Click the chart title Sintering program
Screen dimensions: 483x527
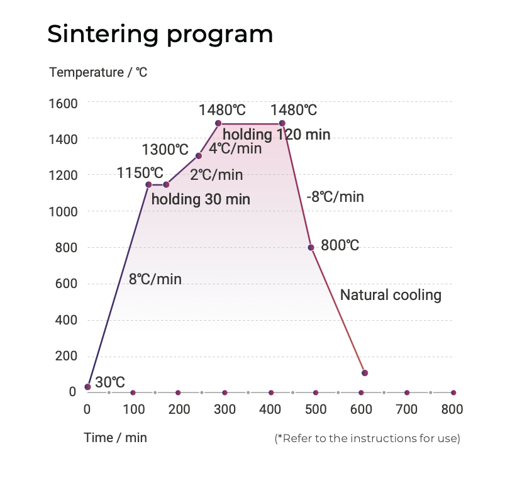pos(160,34)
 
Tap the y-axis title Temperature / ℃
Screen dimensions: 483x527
pos(98,72)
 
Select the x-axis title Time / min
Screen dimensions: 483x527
pos(115,438)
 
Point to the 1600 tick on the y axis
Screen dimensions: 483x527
pos(63,103)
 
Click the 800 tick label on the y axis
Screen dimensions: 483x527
pos(66,247)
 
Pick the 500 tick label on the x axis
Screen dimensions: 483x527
pos(316,409)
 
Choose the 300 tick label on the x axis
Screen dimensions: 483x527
pos(225,409)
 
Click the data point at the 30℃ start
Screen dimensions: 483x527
pos(87,386)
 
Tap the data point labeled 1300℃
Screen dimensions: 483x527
pos(199,155)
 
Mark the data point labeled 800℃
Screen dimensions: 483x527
pos(311,247)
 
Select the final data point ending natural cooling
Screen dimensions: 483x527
pos(365,373)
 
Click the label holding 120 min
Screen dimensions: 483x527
pos(276,134)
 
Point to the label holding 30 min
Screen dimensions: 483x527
pos(201,200)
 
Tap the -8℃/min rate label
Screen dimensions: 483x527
pos(335,196)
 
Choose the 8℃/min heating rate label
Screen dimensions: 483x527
pos(155,279)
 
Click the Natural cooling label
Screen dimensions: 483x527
pos(391,295)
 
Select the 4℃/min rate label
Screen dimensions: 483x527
pos(235,149)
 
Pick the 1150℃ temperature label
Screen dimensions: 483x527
pos(140,172)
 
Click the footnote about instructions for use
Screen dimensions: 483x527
pos(367,438)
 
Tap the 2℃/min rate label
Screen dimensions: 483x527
pos(216,175)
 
